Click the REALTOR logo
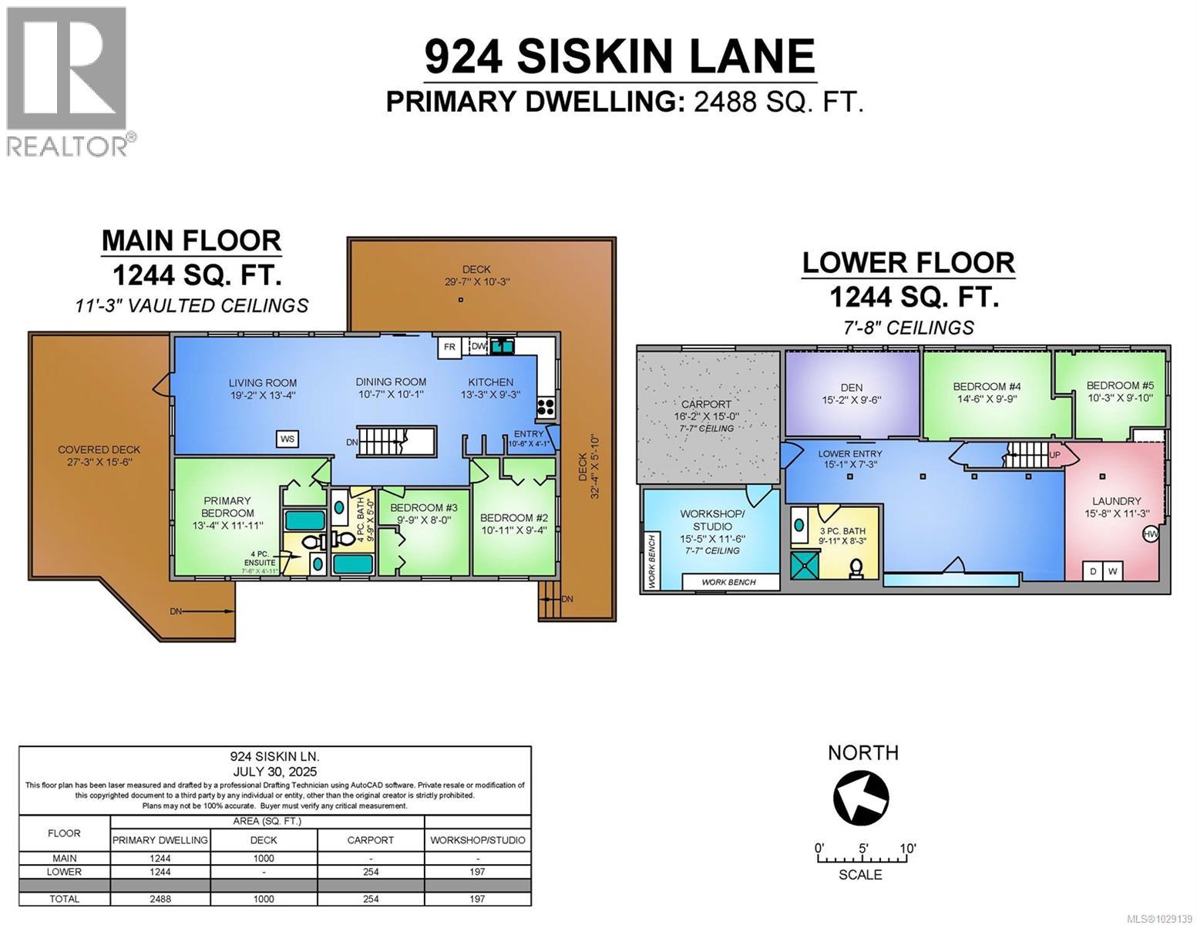(67, 80)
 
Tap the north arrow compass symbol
(861, 797)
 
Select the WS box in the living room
(287, 439)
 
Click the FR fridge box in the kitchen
(449, 347)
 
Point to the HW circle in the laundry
(1150, 534)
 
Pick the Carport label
(706, 404)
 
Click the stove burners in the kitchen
(545, 406)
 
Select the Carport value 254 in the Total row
(370, 899)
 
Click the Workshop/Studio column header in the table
(477, 840)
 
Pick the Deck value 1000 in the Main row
(264, 858)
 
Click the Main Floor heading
(191, 241)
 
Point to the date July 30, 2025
(274, 771)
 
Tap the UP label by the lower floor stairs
(1054, 456)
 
